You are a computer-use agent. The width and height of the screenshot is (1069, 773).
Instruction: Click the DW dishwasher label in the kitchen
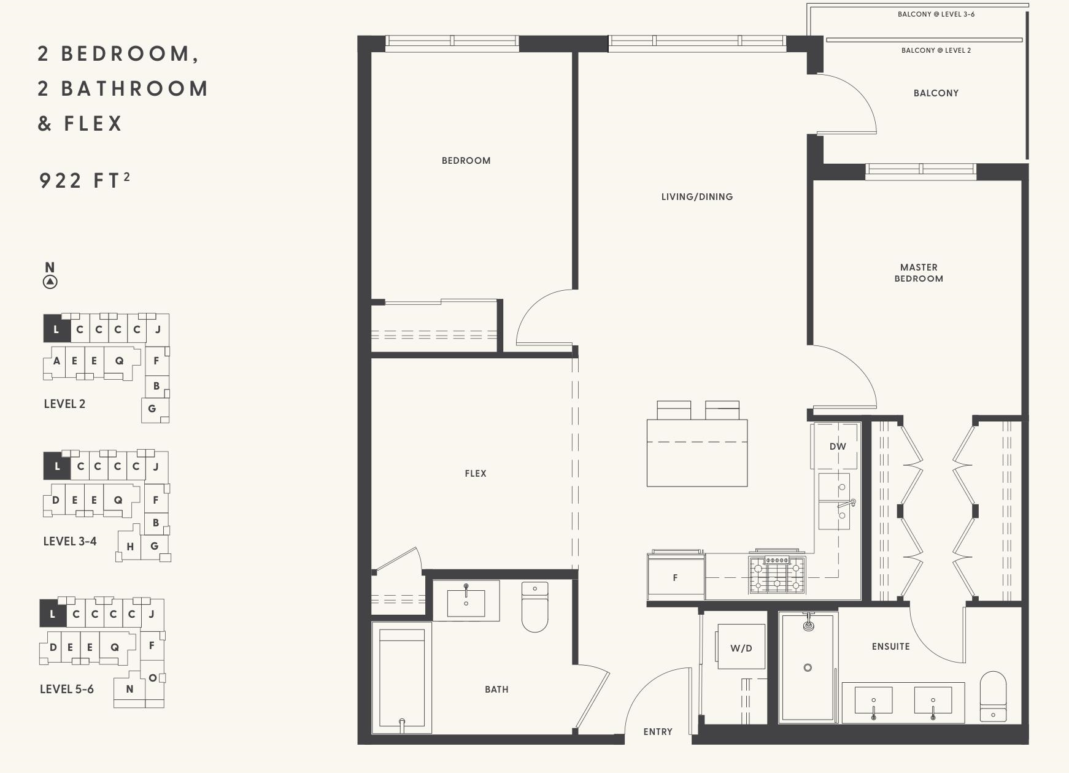[837, 447]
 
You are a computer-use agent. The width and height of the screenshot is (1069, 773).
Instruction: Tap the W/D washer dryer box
[741, 647]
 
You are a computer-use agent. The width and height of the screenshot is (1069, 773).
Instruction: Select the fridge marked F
[675, 577]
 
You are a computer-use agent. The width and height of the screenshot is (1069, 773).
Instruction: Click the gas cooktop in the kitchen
[776, 575]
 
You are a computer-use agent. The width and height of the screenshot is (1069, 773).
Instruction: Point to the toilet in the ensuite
[993, 696]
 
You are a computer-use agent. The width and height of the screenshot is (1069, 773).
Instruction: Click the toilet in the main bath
[534, 607]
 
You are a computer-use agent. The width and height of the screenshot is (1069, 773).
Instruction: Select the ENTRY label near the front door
[658, 732]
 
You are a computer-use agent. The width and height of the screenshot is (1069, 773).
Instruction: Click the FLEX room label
[476, 474]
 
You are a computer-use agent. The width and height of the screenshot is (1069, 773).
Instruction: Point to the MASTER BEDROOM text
[919, 273]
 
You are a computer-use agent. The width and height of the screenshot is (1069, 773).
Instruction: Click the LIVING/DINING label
[697, 197]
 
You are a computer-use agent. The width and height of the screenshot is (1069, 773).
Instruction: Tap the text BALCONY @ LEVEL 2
[936, 50]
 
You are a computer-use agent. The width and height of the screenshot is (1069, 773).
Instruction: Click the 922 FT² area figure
[84, 180]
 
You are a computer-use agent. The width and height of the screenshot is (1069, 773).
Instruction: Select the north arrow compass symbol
[50, 282]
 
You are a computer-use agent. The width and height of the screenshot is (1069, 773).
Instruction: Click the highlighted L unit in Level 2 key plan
[56, 329]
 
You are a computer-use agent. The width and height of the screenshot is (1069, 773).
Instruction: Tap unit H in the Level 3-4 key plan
[130, 547]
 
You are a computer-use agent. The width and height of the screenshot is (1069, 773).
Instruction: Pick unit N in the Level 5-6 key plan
[129, 689]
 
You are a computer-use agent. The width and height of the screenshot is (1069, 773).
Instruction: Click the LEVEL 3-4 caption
[70, 541]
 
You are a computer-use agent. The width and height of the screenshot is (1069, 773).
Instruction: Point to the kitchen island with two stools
[697, 452]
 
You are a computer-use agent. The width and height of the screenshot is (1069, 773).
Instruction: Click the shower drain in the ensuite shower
[808, 667]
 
